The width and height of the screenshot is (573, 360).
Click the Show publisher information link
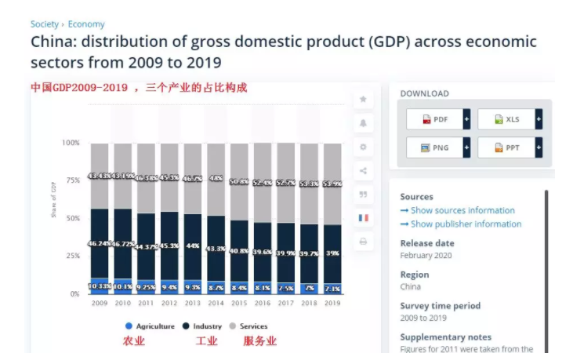coord(461,224)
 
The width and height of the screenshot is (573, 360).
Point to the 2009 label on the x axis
coord(100,303)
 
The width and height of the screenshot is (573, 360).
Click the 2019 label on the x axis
coord(332,303)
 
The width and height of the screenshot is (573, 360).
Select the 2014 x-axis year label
coord(216,303)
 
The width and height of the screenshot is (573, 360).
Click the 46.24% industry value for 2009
coord(100,244)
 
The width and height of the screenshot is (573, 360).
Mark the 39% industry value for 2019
coord(332,253)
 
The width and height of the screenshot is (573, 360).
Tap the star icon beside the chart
coord(363,100)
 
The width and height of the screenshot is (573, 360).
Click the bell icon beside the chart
coord(363,123)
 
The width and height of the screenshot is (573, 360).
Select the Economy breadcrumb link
coord(86,24)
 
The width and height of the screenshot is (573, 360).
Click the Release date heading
coord(426,243)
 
